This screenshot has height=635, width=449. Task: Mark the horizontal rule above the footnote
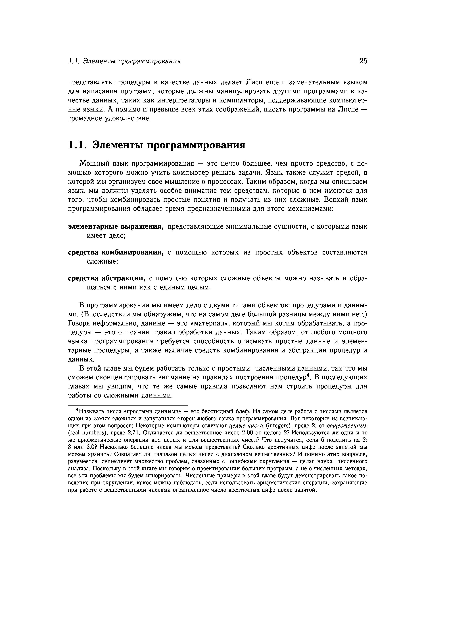[128, 404]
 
